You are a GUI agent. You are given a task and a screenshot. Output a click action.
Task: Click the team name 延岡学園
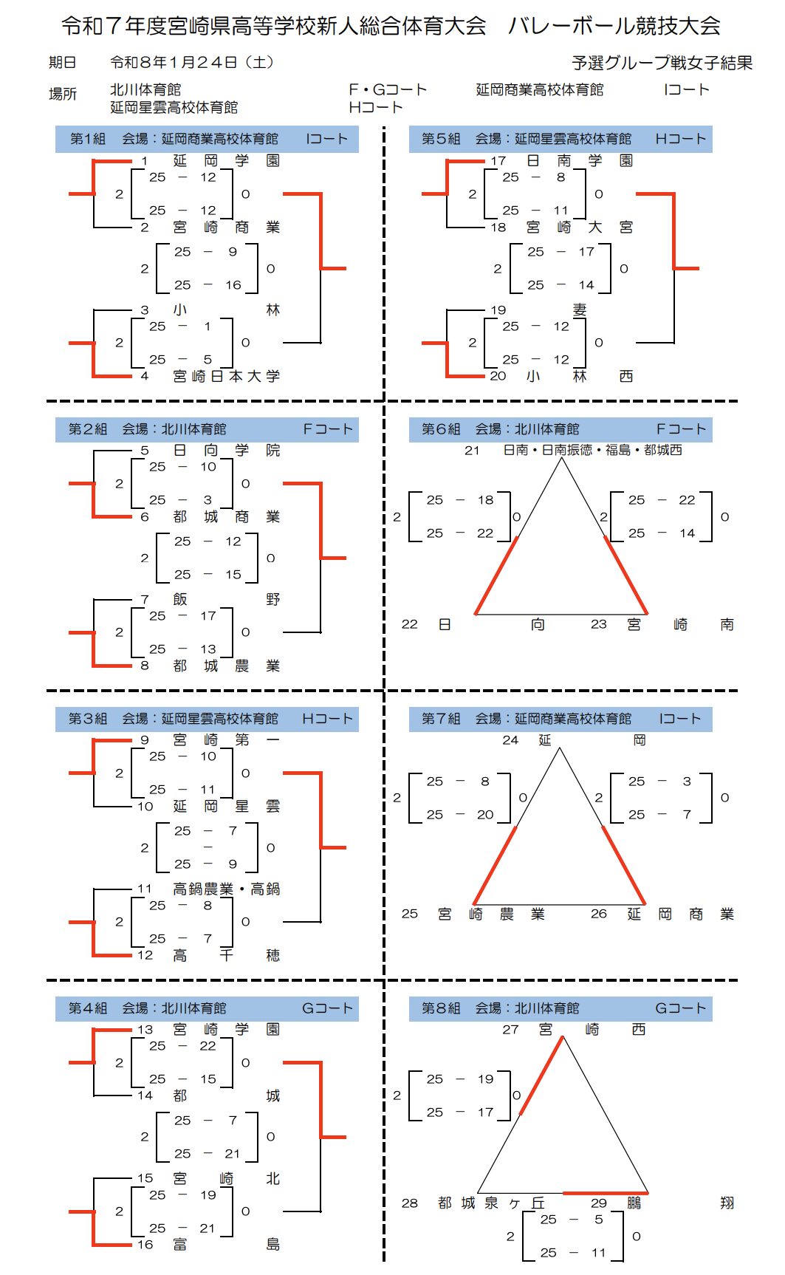(226, 160)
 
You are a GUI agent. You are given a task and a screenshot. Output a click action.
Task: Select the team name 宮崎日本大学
(226, 376)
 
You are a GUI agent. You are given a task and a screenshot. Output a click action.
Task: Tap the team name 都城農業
(226, 666)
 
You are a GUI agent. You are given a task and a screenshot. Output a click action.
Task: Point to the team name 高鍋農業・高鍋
(226, 889)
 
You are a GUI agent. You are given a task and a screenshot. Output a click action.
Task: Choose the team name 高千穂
(226, 955)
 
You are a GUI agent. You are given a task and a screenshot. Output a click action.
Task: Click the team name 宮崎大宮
(579, 227)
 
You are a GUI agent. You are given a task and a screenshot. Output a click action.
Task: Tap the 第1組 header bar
(207, 139)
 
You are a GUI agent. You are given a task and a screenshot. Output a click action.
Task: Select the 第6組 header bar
(561, 429)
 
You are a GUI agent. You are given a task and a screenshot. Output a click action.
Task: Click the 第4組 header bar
(207, 1008)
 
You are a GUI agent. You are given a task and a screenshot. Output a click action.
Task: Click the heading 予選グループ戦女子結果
(662, 64)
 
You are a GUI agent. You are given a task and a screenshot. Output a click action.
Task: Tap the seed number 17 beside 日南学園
(498, 160)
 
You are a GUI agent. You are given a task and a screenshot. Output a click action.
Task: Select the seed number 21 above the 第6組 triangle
(472, 450)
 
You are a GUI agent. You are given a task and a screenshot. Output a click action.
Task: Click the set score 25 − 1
(182, 326)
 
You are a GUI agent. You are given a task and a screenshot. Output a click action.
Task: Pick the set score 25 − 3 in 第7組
(661, 781)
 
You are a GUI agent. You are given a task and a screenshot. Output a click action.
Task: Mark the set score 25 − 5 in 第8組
(572, 1219)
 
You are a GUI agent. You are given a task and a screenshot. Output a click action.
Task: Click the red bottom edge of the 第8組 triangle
(605, 1192)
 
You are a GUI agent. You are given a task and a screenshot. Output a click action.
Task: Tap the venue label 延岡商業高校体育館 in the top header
(539, 89)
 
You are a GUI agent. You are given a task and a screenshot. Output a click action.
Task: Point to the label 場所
(63, 94)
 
